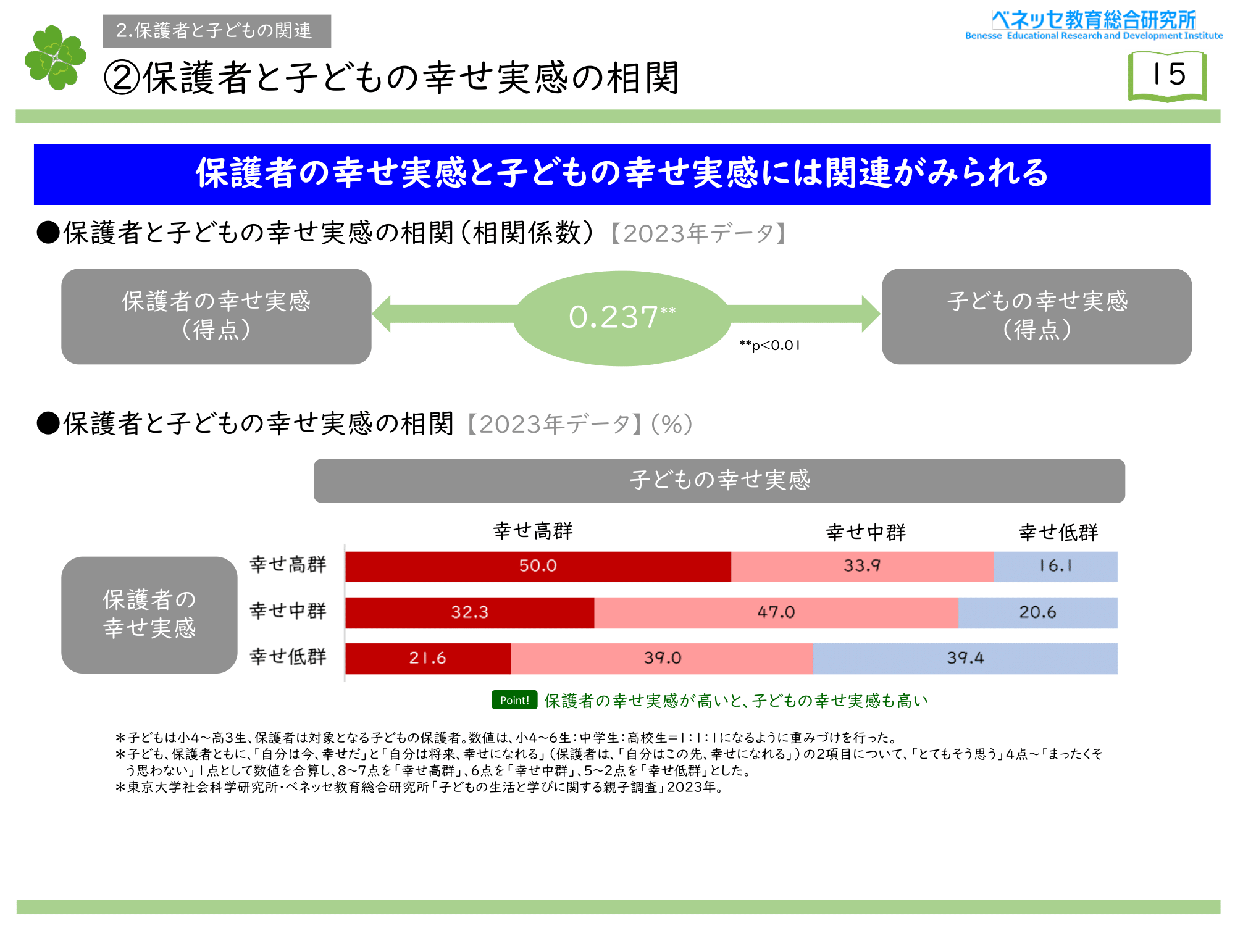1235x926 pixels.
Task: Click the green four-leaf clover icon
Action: pyautogui.click(x=56, y=57)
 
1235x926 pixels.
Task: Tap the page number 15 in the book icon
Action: pyautogui.click(x=1168, y=74)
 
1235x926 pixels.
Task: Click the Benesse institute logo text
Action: pyautogui.click(x=1094, y=25)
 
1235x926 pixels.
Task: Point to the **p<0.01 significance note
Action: pyautogui.click(x=769, y=346)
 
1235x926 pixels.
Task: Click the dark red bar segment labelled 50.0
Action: pyautogui.click(x=538, y=566)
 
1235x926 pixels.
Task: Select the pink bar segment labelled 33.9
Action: pyautogui.click(x=862, y=566)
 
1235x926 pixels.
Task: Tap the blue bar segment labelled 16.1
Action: pyautogui.click(x=1055, y=566)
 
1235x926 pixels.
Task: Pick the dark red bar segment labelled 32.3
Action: pyautogui.click(x=469, y=612)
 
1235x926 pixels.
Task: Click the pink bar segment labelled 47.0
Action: pyautogui.click(x=776, y=612)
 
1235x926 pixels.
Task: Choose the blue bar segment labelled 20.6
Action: pyautogui.click(x=1037, y=612)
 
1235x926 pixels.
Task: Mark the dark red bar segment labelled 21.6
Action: pyautogui.click(x=427, y=658)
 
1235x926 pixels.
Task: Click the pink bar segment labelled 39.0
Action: pyautogui.click(x=662, y=658)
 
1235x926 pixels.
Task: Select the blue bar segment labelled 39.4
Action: pyautogui.click(x=965, y=658)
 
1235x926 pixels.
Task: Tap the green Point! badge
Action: pyautogui.click(x=514, y=700)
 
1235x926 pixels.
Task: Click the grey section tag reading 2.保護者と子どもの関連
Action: pyautogui.click(x=216, y=31)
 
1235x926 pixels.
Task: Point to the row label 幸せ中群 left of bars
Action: pyautogui.click(x=288, y=611)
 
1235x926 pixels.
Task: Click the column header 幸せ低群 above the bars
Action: pyautogui.click(x=1058, y=532)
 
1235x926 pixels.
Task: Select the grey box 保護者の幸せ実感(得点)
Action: pyautogui.click(x=216, y=316)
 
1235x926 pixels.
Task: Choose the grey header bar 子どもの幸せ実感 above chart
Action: pyautogui.click(x=719, y=480)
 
